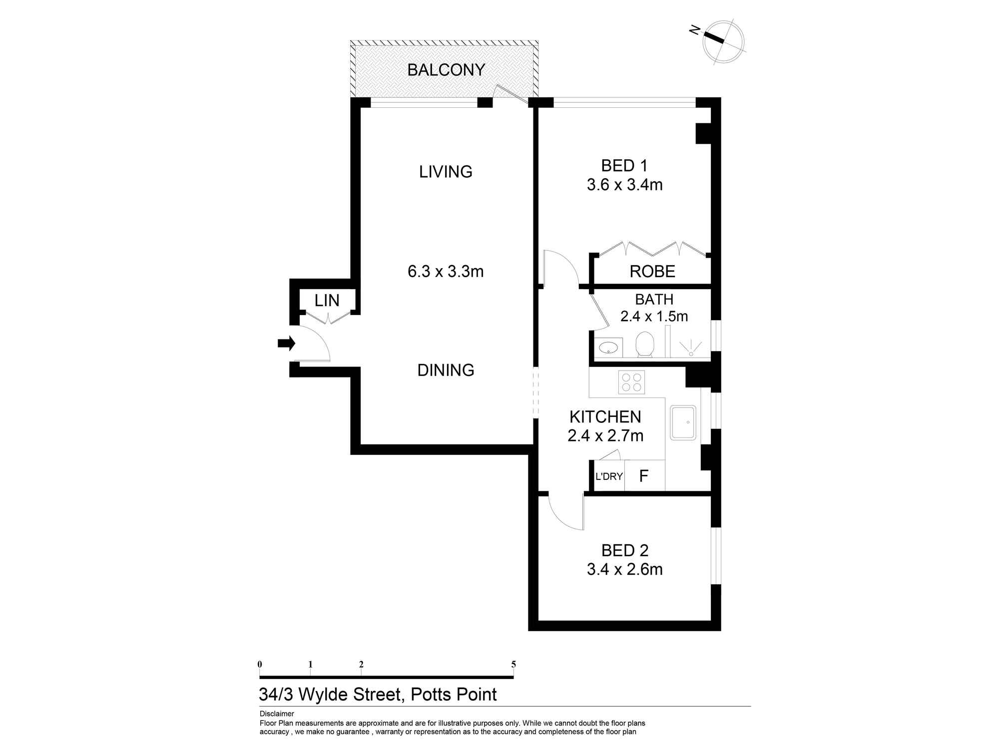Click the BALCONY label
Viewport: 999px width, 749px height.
[446, 70]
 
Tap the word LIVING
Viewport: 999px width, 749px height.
[446, 172]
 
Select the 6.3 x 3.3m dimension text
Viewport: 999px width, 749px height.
[446, 272]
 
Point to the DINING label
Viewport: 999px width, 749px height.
[446, 370]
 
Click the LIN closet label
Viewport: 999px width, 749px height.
[327, 301]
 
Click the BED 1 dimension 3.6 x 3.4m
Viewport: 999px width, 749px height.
[624, 185]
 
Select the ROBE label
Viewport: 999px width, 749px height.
[652, 272]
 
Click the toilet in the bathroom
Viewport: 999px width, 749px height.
[645, 345]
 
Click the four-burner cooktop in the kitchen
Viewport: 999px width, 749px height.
[631, 382]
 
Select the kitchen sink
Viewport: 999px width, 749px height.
[683, 422]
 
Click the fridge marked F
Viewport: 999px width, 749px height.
[644, 476]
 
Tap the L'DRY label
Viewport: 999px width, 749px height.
[609, 476]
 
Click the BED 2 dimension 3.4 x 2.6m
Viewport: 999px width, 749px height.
[624, 569]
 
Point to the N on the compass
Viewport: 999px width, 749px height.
[694, 31]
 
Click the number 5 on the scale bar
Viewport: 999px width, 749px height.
[513, 664]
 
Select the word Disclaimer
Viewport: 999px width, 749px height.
[277, 714]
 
